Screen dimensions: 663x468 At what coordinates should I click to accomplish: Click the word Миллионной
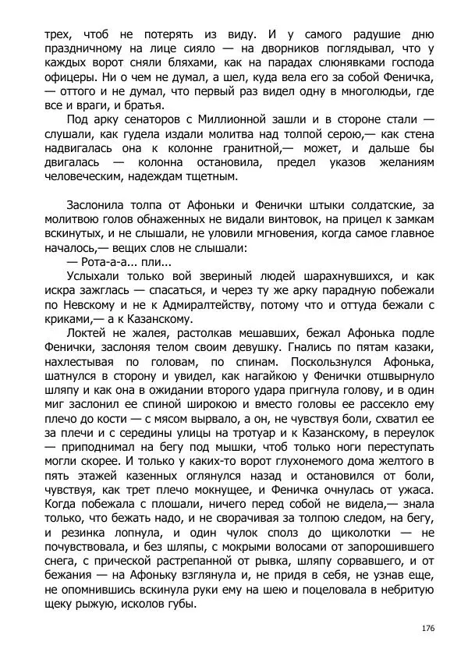tap(244, 119)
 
